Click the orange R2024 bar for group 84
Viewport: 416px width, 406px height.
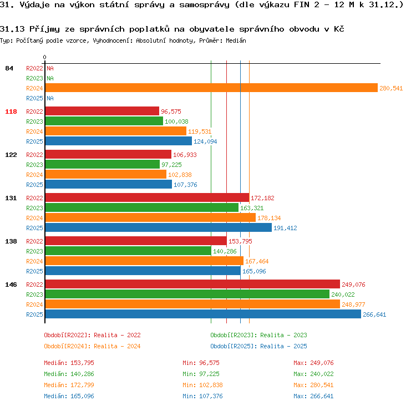pos(211,88)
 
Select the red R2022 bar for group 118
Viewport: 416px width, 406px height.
pos(102,111)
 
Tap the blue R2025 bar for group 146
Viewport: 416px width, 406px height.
pos(203,314)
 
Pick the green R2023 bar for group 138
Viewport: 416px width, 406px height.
pos(128,251)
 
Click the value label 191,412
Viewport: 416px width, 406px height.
pos(285,228)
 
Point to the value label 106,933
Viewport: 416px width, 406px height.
pos(185,155)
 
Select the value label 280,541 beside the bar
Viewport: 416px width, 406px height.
pos(391,88)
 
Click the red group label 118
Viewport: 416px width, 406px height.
pos(11,111)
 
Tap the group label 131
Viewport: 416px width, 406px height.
pos(11,198)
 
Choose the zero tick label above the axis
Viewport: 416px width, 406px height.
pos(44,57)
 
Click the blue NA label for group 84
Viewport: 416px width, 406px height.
pos(50,98)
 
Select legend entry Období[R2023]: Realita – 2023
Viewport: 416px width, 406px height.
pos(258,335)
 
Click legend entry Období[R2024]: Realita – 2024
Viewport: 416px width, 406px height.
pos(92,346)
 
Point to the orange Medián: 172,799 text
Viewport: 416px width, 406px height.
pos(69,385)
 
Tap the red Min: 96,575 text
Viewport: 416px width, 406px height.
pos(201,363)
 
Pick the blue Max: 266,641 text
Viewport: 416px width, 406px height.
pos(313,396)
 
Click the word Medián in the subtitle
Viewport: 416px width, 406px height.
pos(236,40)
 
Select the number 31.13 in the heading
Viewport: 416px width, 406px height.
pos(12,29)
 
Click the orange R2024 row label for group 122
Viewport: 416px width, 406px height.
pos(34,175)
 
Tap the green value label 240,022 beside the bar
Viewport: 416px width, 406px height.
pos(343,295)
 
